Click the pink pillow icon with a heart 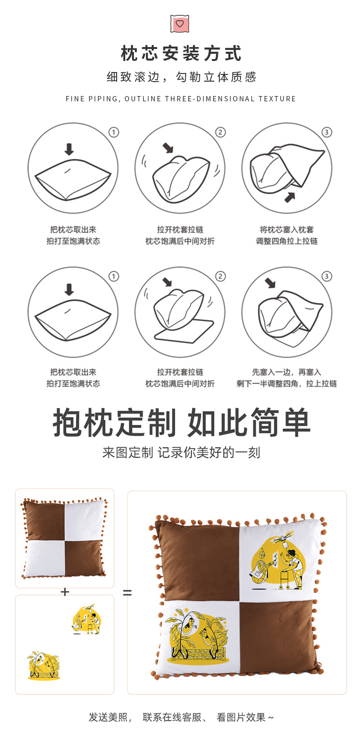(x=180, y=24)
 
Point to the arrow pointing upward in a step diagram (x=289, y=196)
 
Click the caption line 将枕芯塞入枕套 (x=287, y=230)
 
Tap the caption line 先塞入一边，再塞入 (x=287, y=372)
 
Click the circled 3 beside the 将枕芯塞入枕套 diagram (x=326, y=132)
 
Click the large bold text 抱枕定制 (x=115, y=423)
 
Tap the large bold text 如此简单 (x=249, y=423)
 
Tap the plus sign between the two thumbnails (x=65, y=592)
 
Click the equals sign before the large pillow (x=127, y=593)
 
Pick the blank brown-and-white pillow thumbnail (x=64, y=538)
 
